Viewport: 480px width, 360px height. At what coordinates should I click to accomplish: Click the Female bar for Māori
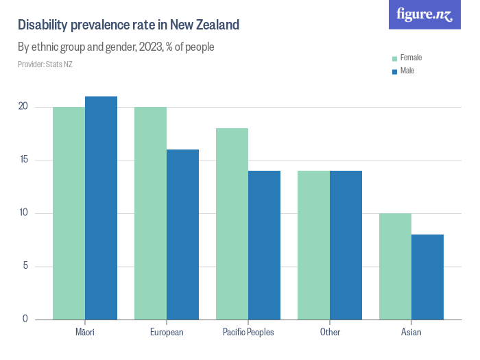pyautogui.click(x=69, y=213)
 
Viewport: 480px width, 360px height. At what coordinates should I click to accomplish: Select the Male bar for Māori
pyautogui.click(x=101, y=208)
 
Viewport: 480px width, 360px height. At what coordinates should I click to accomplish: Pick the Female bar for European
pyautogui.click(x=150, y=213)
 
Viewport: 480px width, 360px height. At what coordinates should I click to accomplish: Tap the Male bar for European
pyautogui.click(x=182, y=235)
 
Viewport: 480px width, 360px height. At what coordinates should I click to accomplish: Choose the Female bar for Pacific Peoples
pyautogui.click(x=232, y=224)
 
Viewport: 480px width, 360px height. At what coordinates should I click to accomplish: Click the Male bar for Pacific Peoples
pyautogui.click(x=264, y=245)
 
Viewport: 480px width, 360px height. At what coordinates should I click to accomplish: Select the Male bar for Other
pyautogui.click(x=346, y=245)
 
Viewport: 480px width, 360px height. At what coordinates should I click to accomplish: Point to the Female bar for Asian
pyautogui.click(x=395, y=266)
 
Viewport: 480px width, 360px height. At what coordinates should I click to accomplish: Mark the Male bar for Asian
pyautogui.click(x=427, y=277)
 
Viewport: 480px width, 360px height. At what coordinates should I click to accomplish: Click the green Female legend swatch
pyautogui.click(x=394, y=58)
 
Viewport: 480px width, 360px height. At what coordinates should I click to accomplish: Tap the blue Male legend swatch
pyautogui.click(x=394, y=71)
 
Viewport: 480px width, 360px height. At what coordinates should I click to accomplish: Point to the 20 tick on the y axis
pyautogui.click(x=23, y=107)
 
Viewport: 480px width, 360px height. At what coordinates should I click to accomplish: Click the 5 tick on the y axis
pyautogui.click(x=25, y=266)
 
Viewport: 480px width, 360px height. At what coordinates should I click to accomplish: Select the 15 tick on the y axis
pyautogui.click(x=23, y=160)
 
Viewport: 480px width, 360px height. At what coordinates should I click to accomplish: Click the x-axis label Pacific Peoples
pyautogui.click(x=248, y=333)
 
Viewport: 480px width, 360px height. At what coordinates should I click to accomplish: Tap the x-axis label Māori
pyautogui.click(x=85, y=333)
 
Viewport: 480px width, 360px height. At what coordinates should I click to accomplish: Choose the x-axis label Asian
pyautogui.click(x=411, y=333)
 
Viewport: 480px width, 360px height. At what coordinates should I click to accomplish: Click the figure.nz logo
pyautogui.click(x=424, y=14)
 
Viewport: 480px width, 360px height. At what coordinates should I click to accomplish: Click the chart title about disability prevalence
pyautogui.click(x=128, y=25)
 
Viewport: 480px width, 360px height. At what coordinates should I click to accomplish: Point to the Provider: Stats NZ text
pyautogui.click(x=45, y=64)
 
